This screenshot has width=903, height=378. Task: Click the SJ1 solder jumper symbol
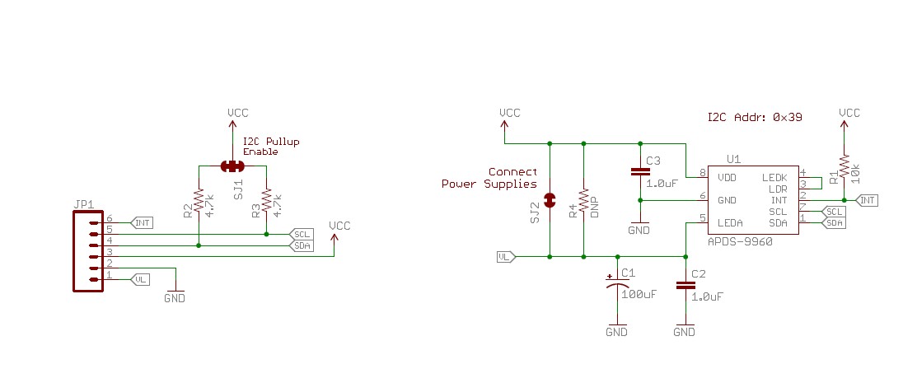point(232,166)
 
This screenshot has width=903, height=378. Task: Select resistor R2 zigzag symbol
point(199,201)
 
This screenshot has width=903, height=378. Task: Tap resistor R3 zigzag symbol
point(266,201)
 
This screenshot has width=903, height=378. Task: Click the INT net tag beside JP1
point(143,222)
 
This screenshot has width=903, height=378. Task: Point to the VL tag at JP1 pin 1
point(141,280)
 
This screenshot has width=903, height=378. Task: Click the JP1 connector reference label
point(84,204)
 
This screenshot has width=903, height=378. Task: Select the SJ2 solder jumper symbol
point(550,199)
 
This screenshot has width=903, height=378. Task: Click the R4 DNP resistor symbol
point(584,200)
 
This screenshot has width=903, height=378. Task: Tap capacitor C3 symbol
point(640,171)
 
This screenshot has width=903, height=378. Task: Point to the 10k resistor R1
point(844,167)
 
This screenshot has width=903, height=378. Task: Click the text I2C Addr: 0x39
point(755,118)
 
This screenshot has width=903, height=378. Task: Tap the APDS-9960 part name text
point(740,243)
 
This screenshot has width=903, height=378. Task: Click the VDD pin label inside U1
point(728,178)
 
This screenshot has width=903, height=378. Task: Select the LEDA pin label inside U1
point(730,222)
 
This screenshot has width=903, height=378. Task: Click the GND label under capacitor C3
point(639,230)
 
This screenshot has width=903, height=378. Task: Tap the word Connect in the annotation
point(512,172)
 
